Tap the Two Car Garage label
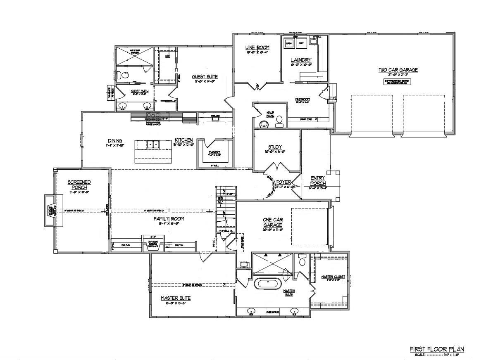[x=398, y=70]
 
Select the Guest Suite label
[x=205, y=77]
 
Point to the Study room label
[x=274, y=147]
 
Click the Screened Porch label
[x=79, y=185]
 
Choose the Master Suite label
[x=176, y=298]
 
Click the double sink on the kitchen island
[x=153, y=144]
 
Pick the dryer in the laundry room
[x=301, y=43]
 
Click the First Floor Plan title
[x=437, y=349]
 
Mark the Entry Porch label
[x=318, y=180]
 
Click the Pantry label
[x=214, y=152]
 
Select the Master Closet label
[x=333, y=277]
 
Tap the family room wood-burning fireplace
[x=153, y=242]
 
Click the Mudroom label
[x=302, y=99]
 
